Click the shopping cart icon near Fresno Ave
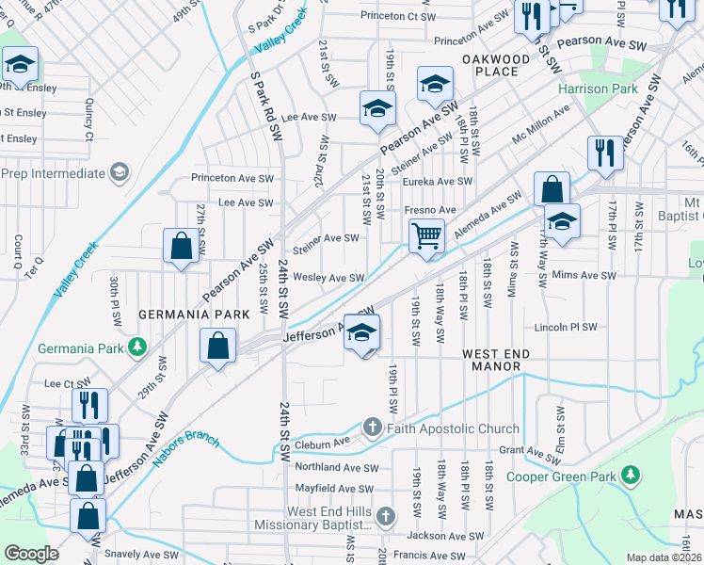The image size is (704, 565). (x=426, y=235)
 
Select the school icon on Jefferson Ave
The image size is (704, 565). (x=361, y=331)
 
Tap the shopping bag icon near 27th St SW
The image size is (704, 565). (x=181, y=247)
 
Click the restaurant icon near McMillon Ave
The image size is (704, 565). (x=603, y=153)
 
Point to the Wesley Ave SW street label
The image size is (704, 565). (x=328, y=278)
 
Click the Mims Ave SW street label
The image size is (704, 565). (x=584, y=277)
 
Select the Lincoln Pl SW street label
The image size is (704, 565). (x=566, y=328)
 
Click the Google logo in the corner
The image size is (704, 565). (x=31, y=554)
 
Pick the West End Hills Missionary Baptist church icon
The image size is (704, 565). (x=387, y=516)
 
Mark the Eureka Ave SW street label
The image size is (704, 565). (x=438, y=181)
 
